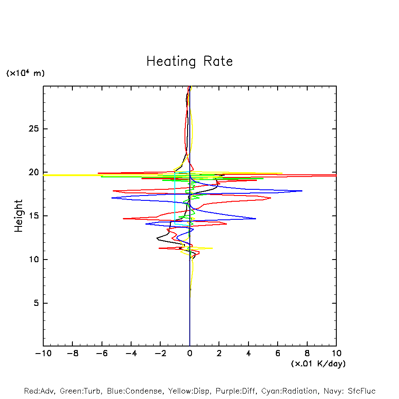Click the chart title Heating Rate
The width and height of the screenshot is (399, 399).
point(189,61)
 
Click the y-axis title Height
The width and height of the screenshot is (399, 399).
point(19,216)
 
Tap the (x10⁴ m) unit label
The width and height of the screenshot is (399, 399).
point(26,73)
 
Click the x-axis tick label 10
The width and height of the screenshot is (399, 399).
point(336,354)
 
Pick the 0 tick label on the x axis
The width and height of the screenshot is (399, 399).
point(190,354)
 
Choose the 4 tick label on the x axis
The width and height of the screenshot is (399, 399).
point(248,354)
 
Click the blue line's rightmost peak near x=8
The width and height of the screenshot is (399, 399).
point(302,191)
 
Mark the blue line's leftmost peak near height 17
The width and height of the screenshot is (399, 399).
point(112,198)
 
